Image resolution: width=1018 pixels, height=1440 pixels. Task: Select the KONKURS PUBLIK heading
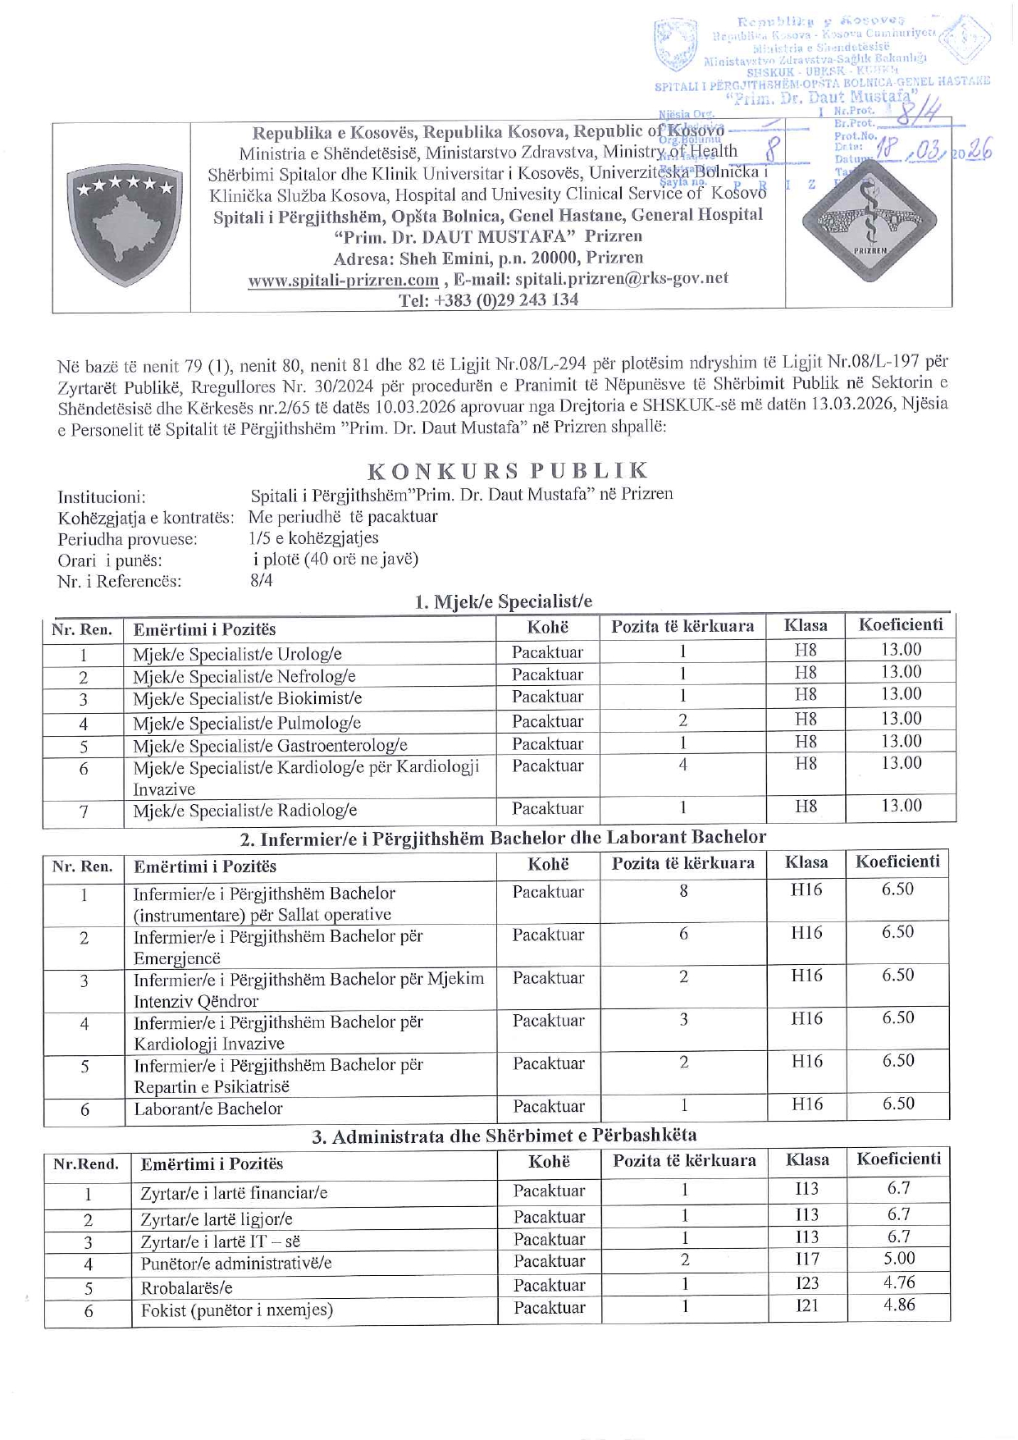508,470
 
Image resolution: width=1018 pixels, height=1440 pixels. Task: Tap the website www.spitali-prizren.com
343,279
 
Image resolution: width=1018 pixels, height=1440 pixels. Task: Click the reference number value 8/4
262,580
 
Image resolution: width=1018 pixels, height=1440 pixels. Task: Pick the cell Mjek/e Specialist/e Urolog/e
237,655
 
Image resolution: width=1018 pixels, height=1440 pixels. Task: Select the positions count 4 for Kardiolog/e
682,765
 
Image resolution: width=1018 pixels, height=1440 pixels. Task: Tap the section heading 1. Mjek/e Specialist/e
503,601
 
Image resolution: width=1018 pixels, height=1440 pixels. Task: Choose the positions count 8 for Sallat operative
683,890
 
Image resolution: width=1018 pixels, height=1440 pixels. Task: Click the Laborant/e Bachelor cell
208,1109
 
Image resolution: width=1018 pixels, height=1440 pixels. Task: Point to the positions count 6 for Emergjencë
683,934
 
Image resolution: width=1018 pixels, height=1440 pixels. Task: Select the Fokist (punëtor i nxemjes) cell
236,1310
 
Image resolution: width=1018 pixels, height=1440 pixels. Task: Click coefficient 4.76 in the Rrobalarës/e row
899,1282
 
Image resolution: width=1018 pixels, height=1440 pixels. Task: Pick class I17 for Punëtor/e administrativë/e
807,1259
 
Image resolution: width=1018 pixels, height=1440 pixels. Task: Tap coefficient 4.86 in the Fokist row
899,1305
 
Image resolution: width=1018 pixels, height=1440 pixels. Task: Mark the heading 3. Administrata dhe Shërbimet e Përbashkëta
504,1136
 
